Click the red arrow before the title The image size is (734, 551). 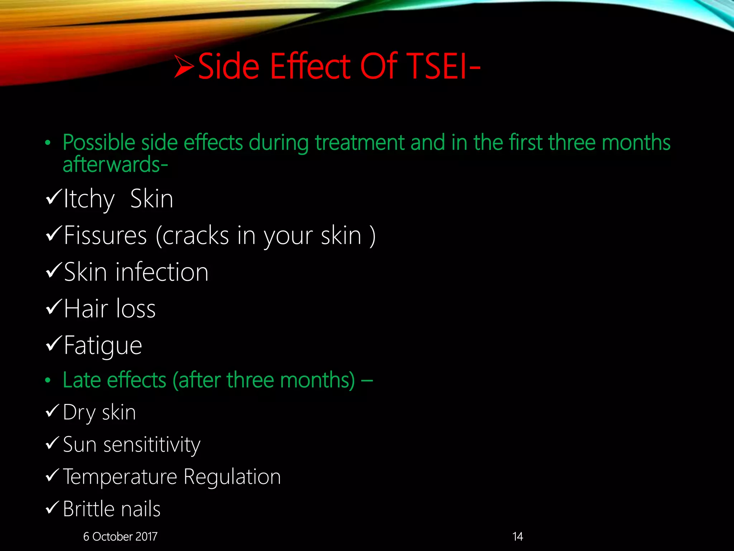[184, 66]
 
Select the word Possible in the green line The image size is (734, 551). [99, 143]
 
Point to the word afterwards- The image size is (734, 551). [115, 165]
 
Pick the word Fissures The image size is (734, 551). [105, 236]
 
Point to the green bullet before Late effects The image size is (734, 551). [48, 380]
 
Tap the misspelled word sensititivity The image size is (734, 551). [152, 445]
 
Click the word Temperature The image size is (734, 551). [120, 477]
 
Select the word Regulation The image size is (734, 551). [232, 477]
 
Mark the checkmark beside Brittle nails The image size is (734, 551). [53, 507]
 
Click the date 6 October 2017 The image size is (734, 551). [120, 536]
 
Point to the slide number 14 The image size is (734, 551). [518, 536]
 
